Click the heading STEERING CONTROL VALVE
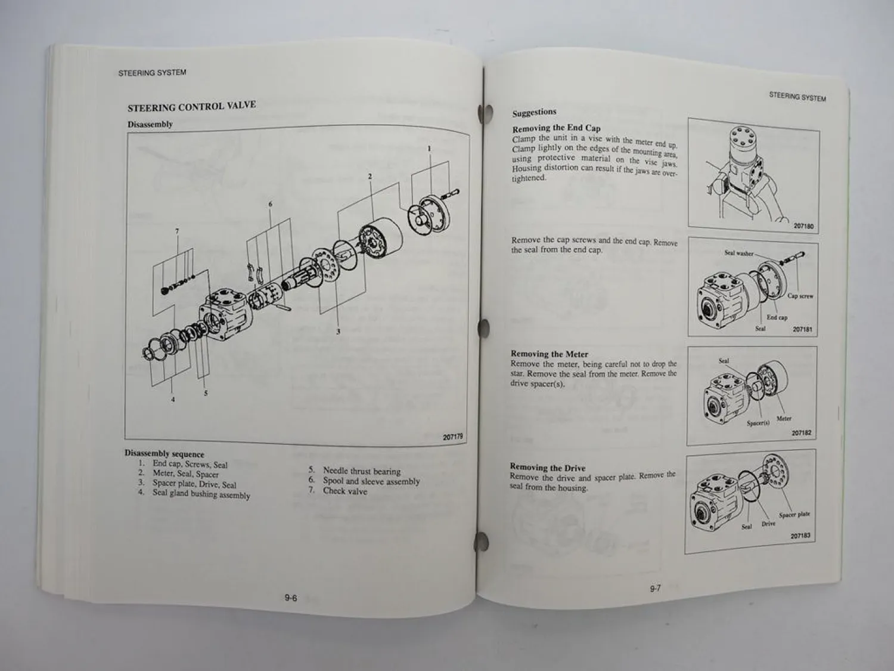[x=191, y=107]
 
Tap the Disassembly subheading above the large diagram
[x=150, y=124]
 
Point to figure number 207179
[x=453, y=437]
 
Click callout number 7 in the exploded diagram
[x=176, y=231]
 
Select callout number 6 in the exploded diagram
[x=270, y=204]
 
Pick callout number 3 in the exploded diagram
[x=338, y=332]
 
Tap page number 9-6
[x=291, y=598]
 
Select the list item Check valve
[x=344, y=491]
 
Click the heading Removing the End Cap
[x=556, y=128]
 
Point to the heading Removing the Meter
[x=549, y=354]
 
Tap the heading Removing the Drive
[x=547, y=468]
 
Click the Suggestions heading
[x=534, y=112]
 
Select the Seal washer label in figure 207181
[x=738, y=253]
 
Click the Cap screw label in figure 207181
[x=800, y=296]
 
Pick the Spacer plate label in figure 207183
[x=794, y=514]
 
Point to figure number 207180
[x=803, y=227]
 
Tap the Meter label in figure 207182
[x=784, y=419]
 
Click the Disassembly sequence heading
[x=164, y=454]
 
